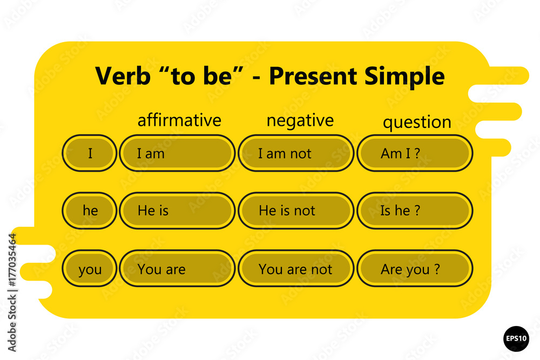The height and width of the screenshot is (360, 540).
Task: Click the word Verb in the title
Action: tap(123, 76)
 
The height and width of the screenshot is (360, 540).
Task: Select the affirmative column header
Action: tap(179, 120)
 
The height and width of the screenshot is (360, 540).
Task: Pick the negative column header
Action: tap(300, 121)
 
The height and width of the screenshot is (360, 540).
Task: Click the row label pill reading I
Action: tap(90, 153)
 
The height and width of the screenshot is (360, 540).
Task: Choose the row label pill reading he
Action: tap(90, 210)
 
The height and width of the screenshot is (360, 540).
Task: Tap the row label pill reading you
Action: tap(90, 268)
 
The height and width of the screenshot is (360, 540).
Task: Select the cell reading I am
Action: tap(177, 153)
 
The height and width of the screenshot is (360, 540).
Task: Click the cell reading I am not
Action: tap(296, 153)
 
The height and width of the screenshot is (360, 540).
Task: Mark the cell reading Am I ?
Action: tap(415, 153)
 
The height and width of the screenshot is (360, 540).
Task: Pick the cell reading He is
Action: tap(177, 210)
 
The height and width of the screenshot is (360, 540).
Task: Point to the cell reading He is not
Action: tap(296, 210)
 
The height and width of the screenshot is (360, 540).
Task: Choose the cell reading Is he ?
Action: tap(415, 210)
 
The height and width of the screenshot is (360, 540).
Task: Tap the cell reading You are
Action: tap(177, 268)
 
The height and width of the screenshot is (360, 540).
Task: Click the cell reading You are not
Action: tap(296, 268)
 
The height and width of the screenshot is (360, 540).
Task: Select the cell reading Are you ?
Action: tap(415, 268)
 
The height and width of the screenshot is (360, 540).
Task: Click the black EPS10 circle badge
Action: tap(516, 338)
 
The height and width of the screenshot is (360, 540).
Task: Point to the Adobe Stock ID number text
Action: tap(12, 260)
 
